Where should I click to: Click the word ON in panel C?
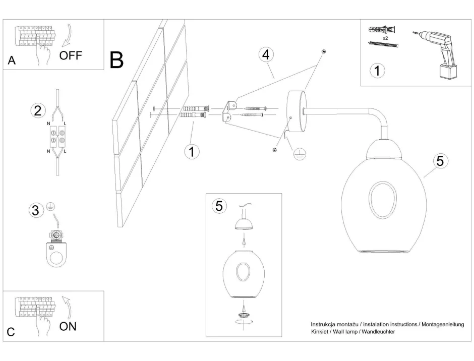pyautogui.click(x=68, y=326)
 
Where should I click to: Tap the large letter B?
pyautogui.click(x=116, y=61)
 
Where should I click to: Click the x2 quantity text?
pyautogui.click(x=385, y=38)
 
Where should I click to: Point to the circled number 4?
pyautogui.click(x=267, y=55)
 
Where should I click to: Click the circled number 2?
pyautogui.click(x=36, y=110)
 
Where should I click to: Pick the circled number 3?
pyautogui.click(x=35, y=211)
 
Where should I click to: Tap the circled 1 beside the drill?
pyautogui.click(x=376, y=71)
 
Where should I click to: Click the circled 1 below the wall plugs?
pyautogui.click(x=192, y=151)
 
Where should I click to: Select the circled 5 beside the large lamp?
pyautogui.click(x=440, y=161)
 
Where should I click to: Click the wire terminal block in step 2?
pyautogui.click(x=57, y=137)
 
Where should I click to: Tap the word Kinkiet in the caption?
pyautogui.click(x=320, y=332)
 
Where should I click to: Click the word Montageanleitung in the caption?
pyautogui.click(x=442, y=324)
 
